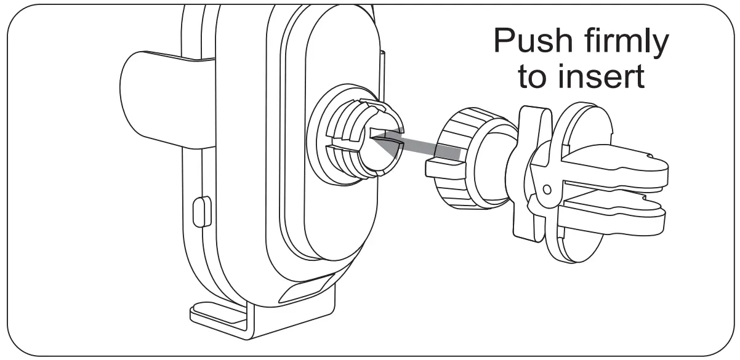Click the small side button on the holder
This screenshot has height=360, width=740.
[200, 212]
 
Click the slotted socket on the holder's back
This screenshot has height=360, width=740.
[363, 142]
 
